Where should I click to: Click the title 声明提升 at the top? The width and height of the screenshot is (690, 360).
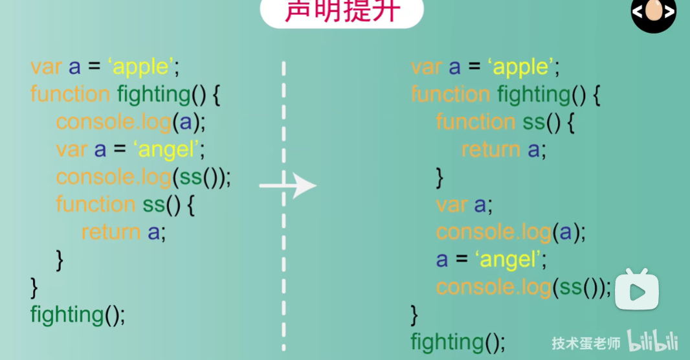tap(341, 12)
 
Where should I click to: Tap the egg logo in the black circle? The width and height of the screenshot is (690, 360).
tap(653, 12)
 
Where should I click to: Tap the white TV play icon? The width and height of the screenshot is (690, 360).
tap(636, 291)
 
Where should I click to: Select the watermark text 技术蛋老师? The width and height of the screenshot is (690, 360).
tap(585, 343)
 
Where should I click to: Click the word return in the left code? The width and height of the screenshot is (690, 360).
tap(111, 232)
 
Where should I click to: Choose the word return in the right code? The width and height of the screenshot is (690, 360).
tap(491, 150)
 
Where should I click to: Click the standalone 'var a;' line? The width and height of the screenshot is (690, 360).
tap(464, 205)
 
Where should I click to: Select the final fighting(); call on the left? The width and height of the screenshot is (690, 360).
tap(77, 315)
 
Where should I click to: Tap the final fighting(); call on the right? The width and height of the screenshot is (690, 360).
tap(457, 341)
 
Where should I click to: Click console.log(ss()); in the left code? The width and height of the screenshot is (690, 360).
tap(143, 177)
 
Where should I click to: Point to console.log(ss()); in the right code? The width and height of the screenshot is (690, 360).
tap(523, 287)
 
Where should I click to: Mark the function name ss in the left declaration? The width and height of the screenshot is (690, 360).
tap(153, 205)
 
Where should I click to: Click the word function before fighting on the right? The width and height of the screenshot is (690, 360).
tap(451, 95)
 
